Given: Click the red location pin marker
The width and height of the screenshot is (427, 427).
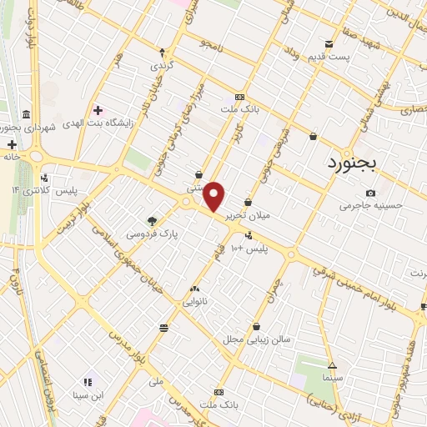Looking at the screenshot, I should tap(215, 197).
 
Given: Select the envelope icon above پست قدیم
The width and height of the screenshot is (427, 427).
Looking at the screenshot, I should tap(330, 43).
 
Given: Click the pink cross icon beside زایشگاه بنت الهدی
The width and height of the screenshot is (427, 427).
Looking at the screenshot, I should tap(99, 110).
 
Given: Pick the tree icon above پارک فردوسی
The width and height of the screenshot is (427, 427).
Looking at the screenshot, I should tap(152, 221).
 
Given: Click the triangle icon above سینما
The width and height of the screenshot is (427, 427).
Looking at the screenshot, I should tap(332, 365).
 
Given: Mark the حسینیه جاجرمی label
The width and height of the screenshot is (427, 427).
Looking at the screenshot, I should tap(373, 205).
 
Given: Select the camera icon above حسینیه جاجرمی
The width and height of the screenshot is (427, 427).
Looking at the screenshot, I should tap(370, 193).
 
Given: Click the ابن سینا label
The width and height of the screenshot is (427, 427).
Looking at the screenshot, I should tap(88, 394).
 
